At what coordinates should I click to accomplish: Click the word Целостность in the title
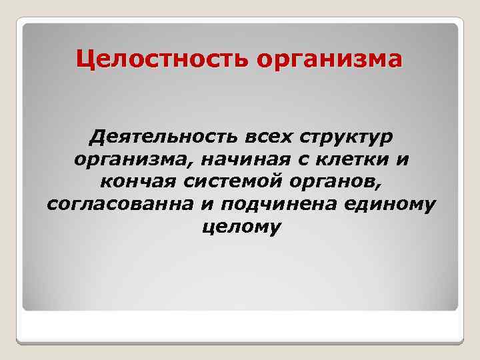[x=162, y=60]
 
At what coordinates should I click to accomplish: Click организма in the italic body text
[x=126, y=162]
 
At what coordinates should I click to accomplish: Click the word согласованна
[x=120, y=204]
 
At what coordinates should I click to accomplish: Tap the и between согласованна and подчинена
[x=205, y=204]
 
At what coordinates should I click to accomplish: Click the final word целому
[x=241, y=227]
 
